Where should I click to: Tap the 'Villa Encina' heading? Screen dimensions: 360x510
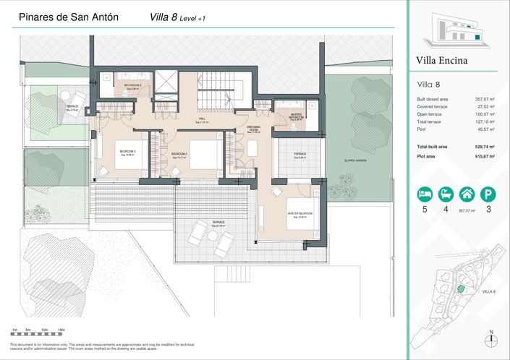coord(442,61)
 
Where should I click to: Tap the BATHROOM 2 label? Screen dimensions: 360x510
coord(132,86)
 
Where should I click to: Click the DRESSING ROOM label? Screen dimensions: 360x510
coord(253,129)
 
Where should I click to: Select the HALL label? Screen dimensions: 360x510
coord(203,120)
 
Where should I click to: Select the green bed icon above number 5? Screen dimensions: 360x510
coord(424,194)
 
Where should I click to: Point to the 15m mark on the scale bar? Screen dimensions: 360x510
coord(61,330)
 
